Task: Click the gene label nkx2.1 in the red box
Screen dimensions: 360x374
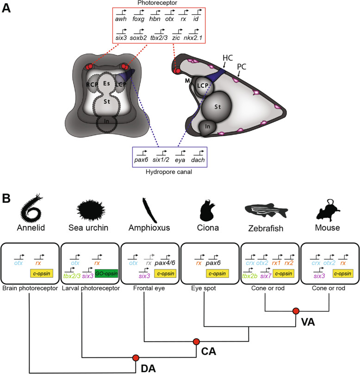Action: point(193,37)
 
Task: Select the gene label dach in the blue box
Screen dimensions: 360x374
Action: point(198,160)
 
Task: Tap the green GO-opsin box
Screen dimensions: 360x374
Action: point(106,274)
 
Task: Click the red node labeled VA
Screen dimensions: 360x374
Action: point(296,311)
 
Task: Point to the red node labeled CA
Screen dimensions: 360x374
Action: point(196,342)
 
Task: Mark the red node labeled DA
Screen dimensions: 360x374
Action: point(136,358)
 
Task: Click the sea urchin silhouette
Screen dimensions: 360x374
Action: point(91,210)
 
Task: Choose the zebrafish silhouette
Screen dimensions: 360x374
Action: point(267,210)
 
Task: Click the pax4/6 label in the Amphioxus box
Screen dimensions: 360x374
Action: point(165,263)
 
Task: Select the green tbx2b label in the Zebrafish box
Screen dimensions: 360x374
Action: point(249,276)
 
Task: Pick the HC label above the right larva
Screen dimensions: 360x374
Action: point(228,58)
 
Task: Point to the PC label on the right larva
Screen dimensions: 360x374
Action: point(242,67)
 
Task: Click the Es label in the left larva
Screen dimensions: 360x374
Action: point(106,83)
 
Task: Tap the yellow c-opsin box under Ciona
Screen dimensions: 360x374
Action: point(217,274)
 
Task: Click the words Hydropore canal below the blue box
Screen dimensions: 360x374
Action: point(169,172)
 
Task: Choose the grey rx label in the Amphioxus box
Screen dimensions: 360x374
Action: point(149,263)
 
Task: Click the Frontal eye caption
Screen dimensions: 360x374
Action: point(149,288)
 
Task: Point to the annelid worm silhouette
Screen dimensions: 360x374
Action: point(31,208)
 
